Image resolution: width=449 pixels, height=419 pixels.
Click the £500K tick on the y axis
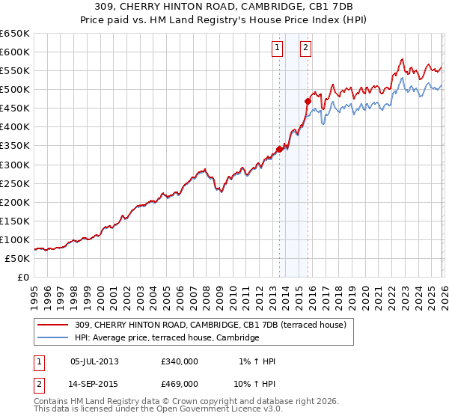(x=15, y=90)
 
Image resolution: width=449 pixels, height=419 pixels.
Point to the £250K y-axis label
(x=15, y=183)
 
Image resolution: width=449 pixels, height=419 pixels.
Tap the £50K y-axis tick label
(x=18, y=258)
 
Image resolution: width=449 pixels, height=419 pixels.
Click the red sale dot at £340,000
(x=279, y=149)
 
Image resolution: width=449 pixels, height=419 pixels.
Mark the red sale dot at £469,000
(x=308, y=101)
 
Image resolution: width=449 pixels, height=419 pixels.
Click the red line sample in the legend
(x=54, y=325)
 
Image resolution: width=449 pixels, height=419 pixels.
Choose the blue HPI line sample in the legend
(x=54, y=338)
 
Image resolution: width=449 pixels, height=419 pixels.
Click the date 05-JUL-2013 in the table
(x=94, y=361)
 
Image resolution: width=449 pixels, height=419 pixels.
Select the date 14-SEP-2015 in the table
(x=94, y=383)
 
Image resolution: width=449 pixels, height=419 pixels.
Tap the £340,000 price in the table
(x=180, y=361)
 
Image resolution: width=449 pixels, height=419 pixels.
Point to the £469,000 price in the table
(x=180, y=383)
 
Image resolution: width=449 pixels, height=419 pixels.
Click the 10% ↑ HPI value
(x=255, y=383)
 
